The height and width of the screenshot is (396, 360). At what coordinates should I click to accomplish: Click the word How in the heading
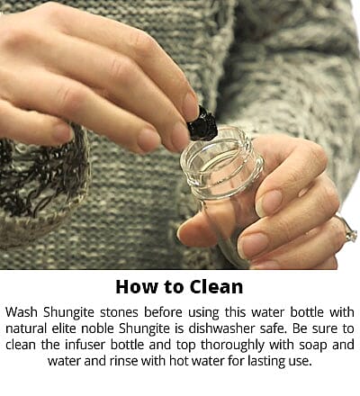point(136,288)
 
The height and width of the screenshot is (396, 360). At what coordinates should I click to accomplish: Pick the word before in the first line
point(163,311)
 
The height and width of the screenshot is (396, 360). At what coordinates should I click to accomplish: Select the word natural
point(30,328)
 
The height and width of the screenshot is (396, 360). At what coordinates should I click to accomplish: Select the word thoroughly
point(220,345)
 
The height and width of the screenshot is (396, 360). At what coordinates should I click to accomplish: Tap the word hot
point(197,361)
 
